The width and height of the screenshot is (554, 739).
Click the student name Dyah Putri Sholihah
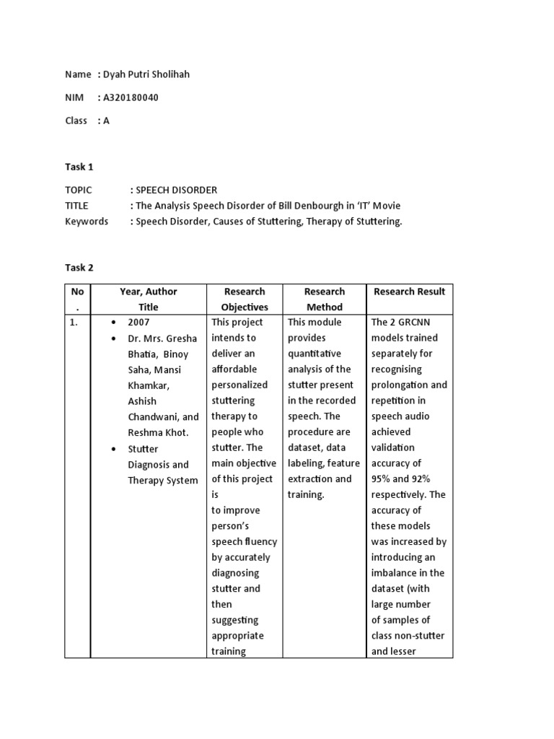point(146,74)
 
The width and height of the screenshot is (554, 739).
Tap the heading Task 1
point(79,167)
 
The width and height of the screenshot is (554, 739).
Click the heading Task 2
point(79,268)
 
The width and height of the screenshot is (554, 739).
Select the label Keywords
point(87,222)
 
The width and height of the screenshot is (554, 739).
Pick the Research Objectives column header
point(245,299)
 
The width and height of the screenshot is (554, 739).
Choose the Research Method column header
point(325,299)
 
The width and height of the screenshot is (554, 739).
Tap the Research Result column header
point(409,292)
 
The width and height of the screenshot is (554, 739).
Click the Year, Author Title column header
point(148,299)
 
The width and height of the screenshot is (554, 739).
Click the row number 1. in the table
point(74,323)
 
